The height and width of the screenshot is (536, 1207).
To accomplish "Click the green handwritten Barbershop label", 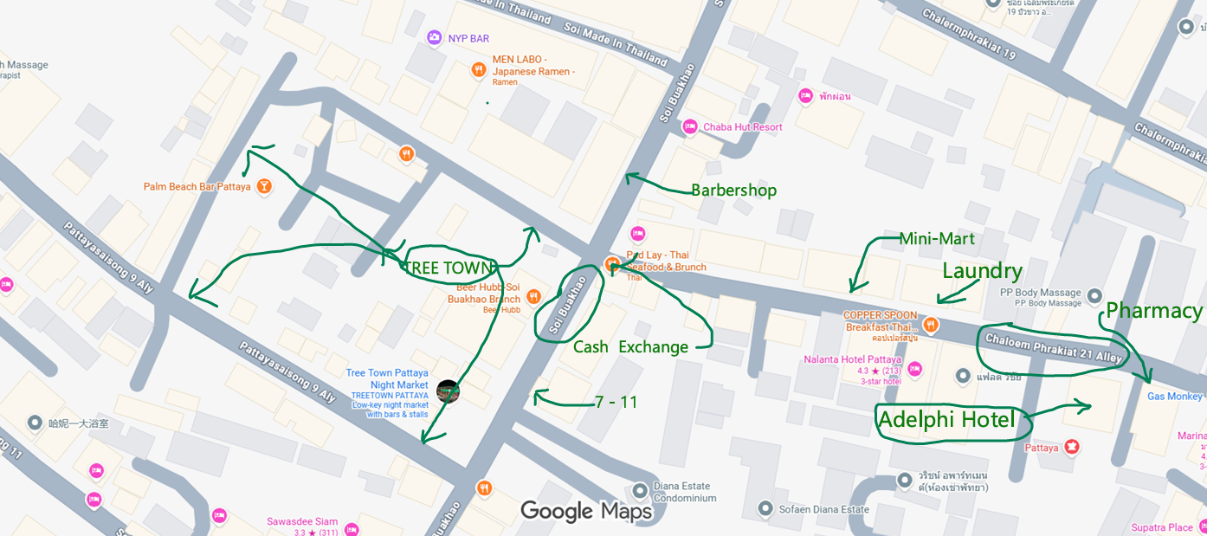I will coord(733,191).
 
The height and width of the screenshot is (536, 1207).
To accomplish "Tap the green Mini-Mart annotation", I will coord(937,238).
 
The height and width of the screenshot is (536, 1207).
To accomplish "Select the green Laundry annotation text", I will coord(982,271).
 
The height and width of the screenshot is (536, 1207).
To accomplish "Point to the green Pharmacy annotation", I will coord(1154,311).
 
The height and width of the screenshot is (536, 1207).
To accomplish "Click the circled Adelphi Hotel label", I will coord(946,420).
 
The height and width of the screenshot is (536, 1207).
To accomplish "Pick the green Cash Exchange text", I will coord(630,347).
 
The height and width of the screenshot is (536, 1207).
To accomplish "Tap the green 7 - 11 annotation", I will coord(616,402).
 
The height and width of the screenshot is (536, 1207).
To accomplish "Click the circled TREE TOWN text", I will coord(449,268).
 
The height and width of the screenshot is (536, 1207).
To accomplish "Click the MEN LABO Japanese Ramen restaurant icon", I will coord(478,69).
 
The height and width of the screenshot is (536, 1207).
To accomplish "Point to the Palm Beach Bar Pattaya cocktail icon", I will coord(264,186).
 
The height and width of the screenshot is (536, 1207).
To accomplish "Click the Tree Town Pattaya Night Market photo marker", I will coord(448,391).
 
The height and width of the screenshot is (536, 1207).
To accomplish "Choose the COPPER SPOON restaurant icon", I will coord(930,326).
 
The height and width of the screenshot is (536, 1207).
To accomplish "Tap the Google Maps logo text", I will coord(585,512).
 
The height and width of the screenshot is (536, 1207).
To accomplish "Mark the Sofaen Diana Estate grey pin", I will coord(765,508).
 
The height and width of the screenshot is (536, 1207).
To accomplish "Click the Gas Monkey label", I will coord(1174,396).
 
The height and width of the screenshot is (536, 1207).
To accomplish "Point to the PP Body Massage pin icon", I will coord(1094,295).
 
